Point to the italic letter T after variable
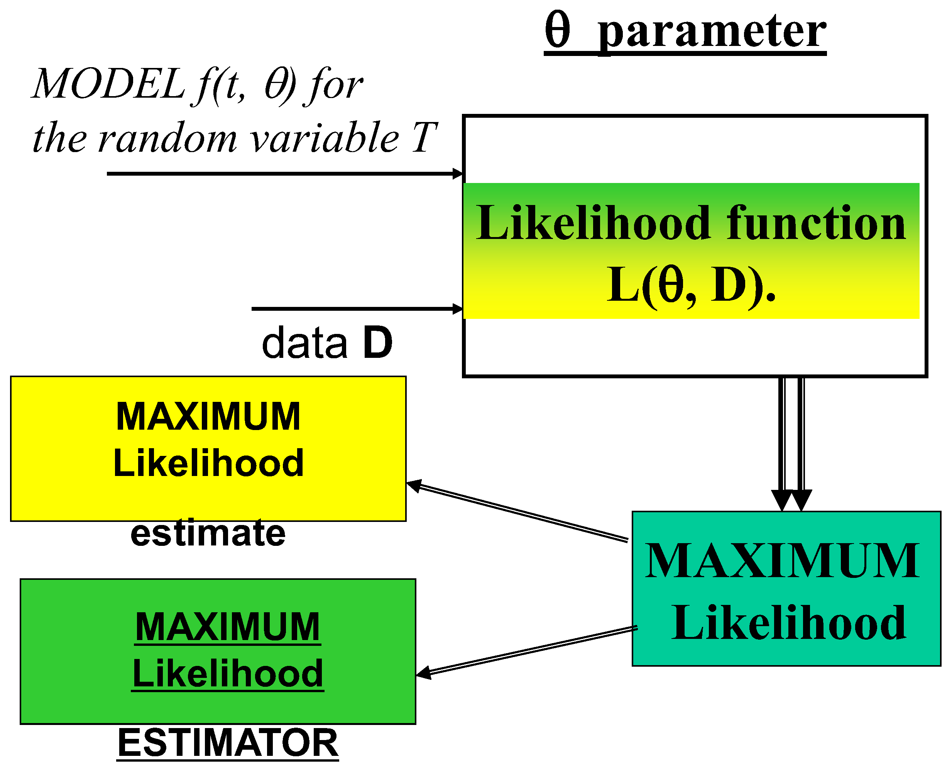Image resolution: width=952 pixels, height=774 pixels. pyautogui.click(x=423, y=138)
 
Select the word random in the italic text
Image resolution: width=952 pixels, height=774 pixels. pyautogui.click(x=167, y=139)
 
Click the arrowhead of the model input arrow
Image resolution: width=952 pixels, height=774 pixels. pyautogui.click(x=458, y=173)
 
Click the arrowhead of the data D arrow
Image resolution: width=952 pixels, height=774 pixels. pyautogui.click(x=458, y=308)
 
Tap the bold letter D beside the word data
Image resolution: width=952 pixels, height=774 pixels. pyautogui.click(x=377, y=342)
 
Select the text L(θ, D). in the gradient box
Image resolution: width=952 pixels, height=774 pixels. pyautogui.click(x=690, y=285)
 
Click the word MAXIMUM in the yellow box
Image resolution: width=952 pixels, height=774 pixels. pyautogui.click(x=208, y=417)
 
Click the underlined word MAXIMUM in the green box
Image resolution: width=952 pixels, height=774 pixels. pyautogui.click(x=227, y=627)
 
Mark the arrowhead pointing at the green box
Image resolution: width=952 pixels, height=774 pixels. pyautogui.click(x=423, y=674)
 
